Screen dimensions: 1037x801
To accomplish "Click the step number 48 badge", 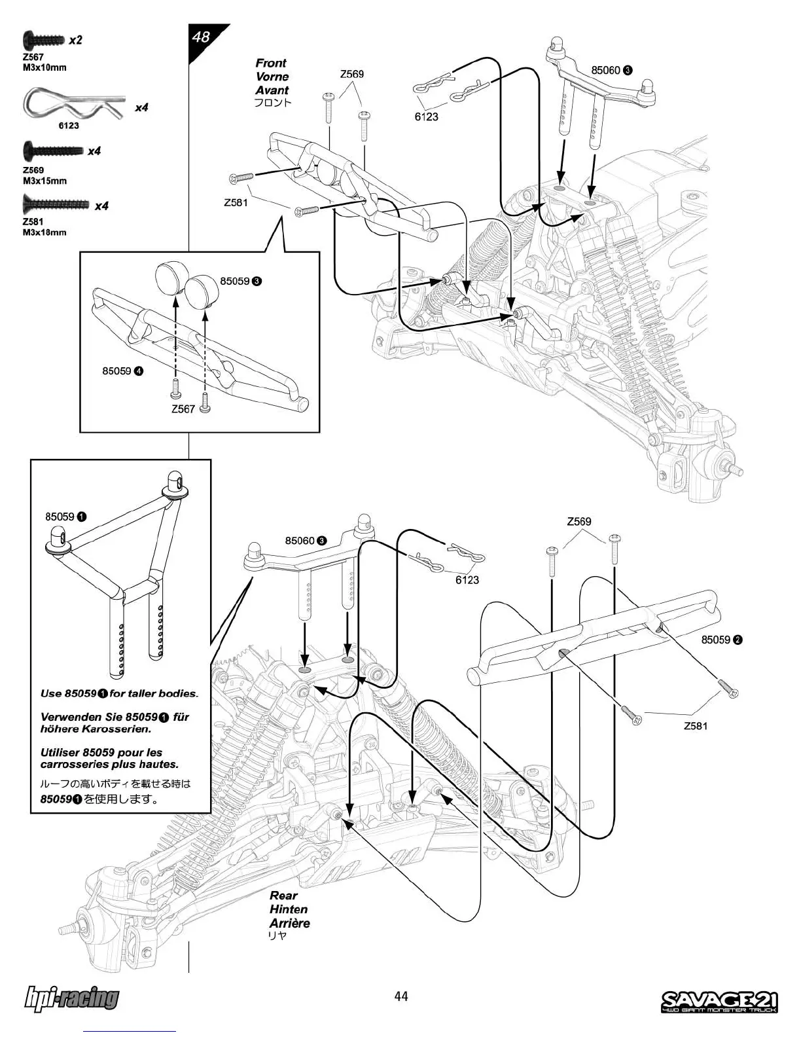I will (x=202, y=37).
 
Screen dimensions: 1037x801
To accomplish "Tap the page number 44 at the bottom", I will (x=400, y=996).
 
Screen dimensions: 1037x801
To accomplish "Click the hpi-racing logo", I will (x=71, y=998).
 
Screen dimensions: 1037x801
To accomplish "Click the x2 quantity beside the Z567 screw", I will (x=75, y=40).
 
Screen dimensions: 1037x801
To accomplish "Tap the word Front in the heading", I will (x=271, y=63).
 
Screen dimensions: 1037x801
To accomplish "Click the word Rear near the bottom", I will (x=283, y=895).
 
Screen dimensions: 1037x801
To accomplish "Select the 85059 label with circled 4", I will (x=122, y=371).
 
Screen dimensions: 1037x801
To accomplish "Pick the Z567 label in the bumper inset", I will (x=183, y=409).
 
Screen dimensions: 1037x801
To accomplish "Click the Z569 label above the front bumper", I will (x=352, y=74).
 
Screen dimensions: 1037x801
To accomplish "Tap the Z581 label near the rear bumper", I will (x=696, y=725).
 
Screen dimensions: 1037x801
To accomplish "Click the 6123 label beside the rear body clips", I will (x=467, y=579).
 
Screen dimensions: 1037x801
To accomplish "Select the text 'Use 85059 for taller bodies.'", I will (x=119, y=693).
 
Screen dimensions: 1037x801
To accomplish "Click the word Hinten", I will (x=289, y=909).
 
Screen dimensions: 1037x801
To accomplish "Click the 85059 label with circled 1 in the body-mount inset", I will (x=66, y=517).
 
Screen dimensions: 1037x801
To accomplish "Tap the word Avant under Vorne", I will (x=272, y=90).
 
